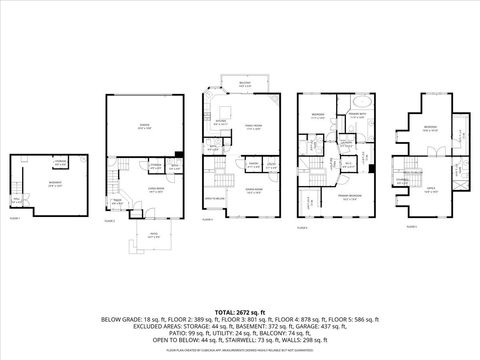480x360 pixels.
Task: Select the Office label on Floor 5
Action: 431,189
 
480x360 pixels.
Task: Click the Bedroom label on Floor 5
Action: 430,128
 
